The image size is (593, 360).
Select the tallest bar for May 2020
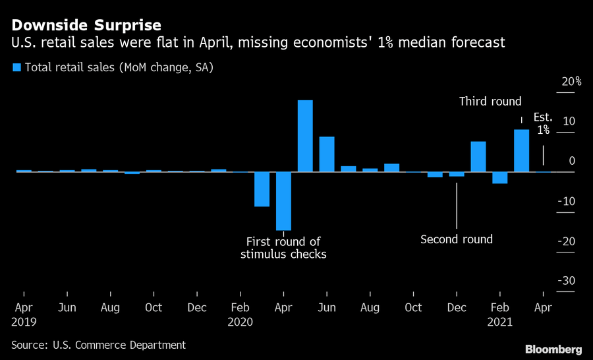click(305, 136)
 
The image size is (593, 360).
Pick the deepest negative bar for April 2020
click(283, 201)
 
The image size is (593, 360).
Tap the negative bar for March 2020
click(262, 189)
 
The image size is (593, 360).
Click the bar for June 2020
click(327, 154)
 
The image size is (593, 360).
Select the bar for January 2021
click(478, 157)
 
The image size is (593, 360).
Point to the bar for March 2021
click(521, 150)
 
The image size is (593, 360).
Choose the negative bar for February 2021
click(500, 177)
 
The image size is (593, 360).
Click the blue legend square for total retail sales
click(16, 67)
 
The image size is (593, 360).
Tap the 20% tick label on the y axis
click(571, 82)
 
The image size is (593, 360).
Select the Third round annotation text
click(490, 102)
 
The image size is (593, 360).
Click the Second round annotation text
click(457, 239)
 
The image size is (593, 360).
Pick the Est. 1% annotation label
click(543, 124)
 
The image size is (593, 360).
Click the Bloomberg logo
click(553, 348)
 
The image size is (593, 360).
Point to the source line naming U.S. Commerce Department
click(99, 345)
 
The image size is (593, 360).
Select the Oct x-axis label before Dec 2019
click(154, 308)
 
